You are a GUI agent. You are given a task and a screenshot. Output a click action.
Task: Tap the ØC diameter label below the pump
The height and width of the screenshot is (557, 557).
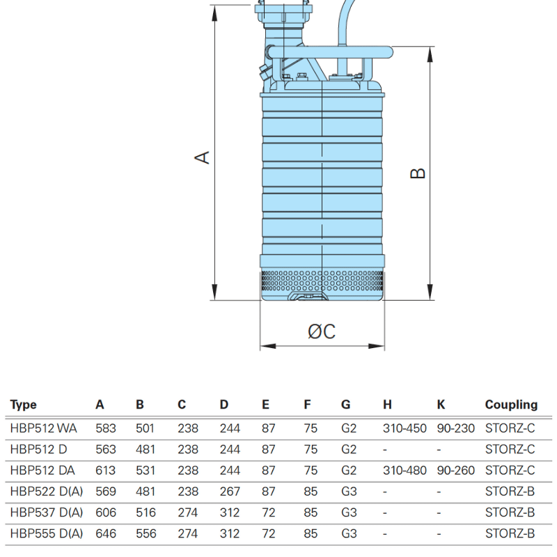pyautogui.click(x=322, y=332)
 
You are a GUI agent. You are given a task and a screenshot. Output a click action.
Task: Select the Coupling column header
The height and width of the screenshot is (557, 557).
pyautogui.click(x=511, y=405)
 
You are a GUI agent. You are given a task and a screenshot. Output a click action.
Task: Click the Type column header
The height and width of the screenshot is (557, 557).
pyautogui.click(x=24, y=405)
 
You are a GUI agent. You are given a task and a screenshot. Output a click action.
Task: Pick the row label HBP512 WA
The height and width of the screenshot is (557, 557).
pyautogui.click(x=44, y=428)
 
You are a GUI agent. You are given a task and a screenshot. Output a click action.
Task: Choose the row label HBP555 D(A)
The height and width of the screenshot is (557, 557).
pyautogui.click(x=47, y=534)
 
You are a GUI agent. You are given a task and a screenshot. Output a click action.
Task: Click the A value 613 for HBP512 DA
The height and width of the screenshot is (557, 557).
pyautogui.click(x=106, y=471)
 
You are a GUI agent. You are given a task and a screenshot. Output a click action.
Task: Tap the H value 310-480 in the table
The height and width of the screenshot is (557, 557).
pyautogui.click(x=405, y=471)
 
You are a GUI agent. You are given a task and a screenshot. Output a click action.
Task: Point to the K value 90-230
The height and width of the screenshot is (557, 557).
pyautogui.click(x=455, y=428)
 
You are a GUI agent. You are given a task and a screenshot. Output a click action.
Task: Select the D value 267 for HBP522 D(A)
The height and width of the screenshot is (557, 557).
pyautogui.click(x=229, y=492)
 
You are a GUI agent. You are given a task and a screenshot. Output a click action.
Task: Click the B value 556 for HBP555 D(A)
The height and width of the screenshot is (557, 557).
pyautogui.click(x=146, y=534)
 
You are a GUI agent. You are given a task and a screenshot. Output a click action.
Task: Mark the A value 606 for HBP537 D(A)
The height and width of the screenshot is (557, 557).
pyautogui.click(x=106, y=513)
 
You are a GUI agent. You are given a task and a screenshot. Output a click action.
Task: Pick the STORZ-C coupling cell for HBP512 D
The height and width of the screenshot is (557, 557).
pyautogui.click(x=510, y=449)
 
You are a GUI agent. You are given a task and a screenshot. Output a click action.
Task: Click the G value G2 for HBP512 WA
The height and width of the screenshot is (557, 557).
pyautogui.click(x=349, y=428)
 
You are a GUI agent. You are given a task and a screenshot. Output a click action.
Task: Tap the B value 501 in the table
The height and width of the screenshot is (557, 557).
pyautogui.click(x=145, y=428)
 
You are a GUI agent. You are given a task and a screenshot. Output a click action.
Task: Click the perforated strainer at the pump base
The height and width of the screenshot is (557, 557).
pyautogui.click(x=322, y=283)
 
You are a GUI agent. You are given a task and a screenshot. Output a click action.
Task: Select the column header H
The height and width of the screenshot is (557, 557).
pyautogui.click(x=387, y=405)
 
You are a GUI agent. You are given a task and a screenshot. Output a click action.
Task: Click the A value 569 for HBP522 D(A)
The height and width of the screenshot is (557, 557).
pyautogui.click(x=106, y=492)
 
